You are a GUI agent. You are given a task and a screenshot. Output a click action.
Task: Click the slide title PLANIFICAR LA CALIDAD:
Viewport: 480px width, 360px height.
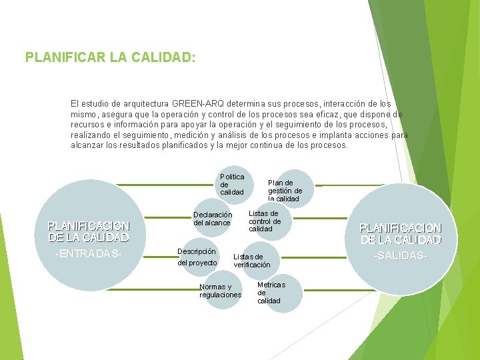(x=110, y=57)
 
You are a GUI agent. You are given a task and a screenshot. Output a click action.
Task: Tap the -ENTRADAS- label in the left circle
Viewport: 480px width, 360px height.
(x=89, y=254)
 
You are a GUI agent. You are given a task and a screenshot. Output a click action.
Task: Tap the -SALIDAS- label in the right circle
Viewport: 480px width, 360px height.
(x=401, y=256)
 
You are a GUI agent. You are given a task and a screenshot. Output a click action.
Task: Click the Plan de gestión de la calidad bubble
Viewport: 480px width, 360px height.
(x=285, y=190)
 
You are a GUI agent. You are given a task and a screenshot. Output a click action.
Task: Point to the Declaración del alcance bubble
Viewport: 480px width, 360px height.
(x=213, y=219)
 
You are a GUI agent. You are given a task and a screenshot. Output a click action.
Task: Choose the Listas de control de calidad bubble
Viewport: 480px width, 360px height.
(x=265, y=221)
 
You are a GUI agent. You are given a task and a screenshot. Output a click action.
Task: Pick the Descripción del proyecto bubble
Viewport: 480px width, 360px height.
(x=197, y=257)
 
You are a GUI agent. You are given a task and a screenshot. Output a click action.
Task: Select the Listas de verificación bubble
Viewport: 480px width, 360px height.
(x=252, y=261)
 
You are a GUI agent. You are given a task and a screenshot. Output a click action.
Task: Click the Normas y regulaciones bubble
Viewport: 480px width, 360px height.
(x=220, y=291)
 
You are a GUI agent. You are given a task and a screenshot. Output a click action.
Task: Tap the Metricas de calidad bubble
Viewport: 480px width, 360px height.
(x=271, y=293)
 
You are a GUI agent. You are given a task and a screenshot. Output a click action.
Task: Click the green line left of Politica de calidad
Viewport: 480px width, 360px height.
(x=163, y=185)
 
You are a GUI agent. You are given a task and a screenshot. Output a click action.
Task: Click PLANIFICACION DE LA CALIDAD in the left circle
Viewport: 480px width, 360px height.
(x=89, y=231)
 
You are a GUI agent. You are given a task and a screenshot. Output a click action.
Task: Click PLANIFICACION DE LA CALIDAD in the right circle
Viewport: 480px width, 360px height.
(x=401, y=233)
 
